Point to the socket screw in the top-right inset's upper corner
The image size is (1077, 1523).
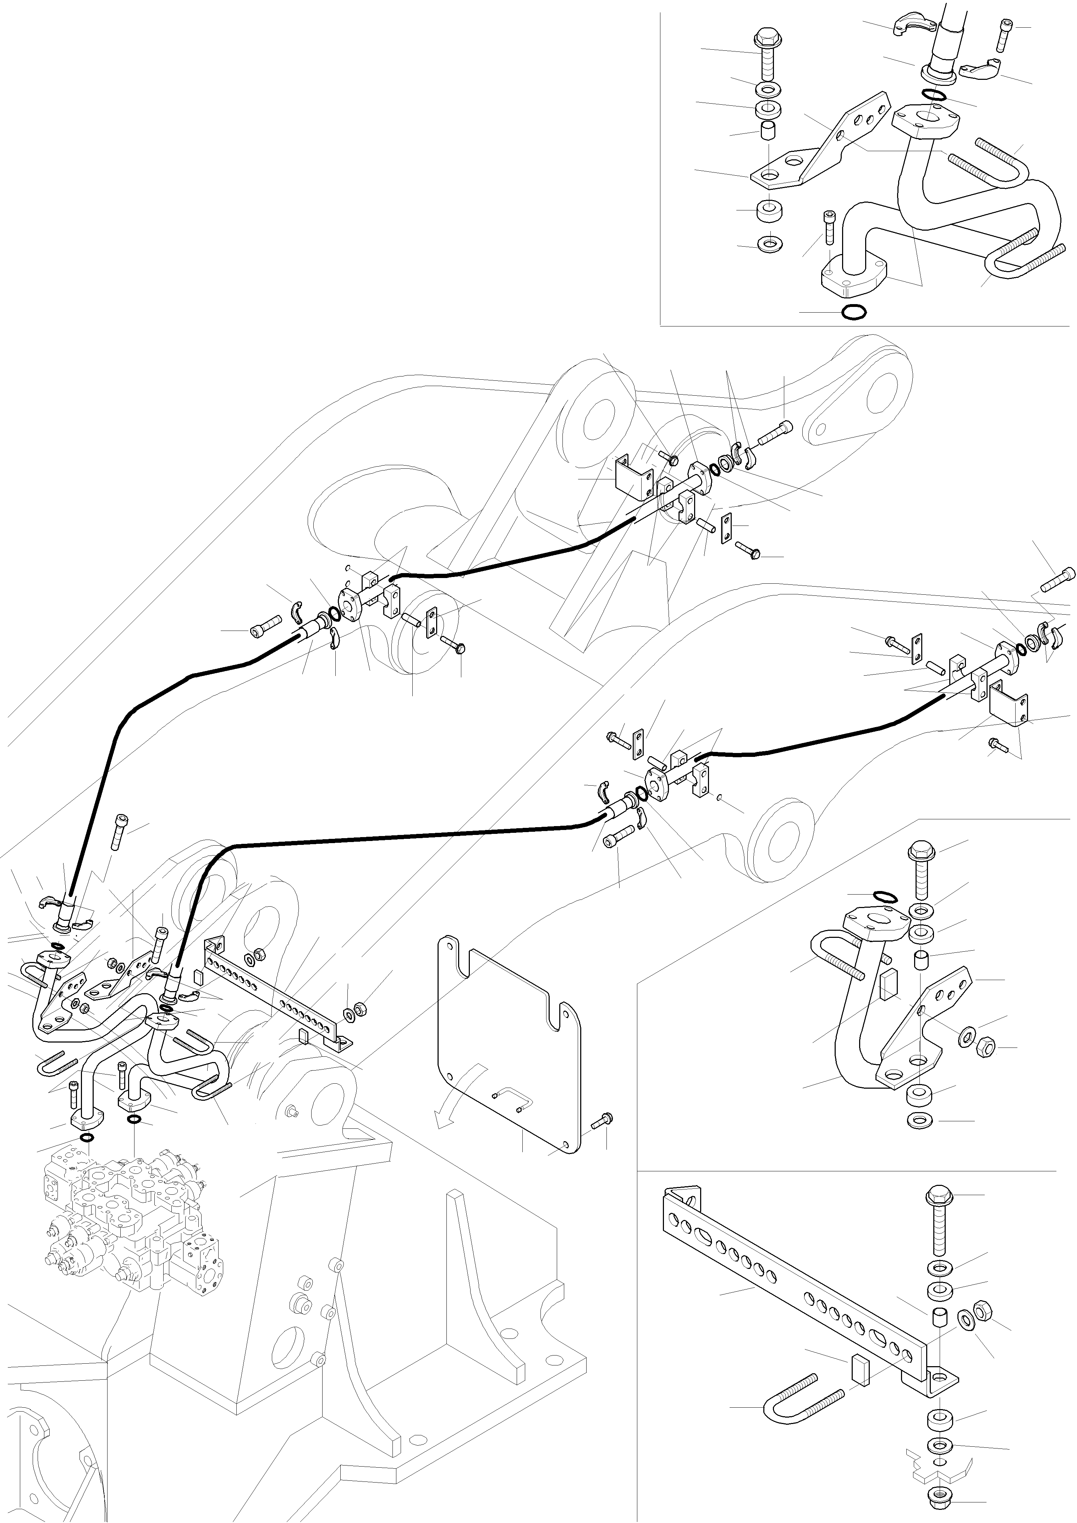1003,37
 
